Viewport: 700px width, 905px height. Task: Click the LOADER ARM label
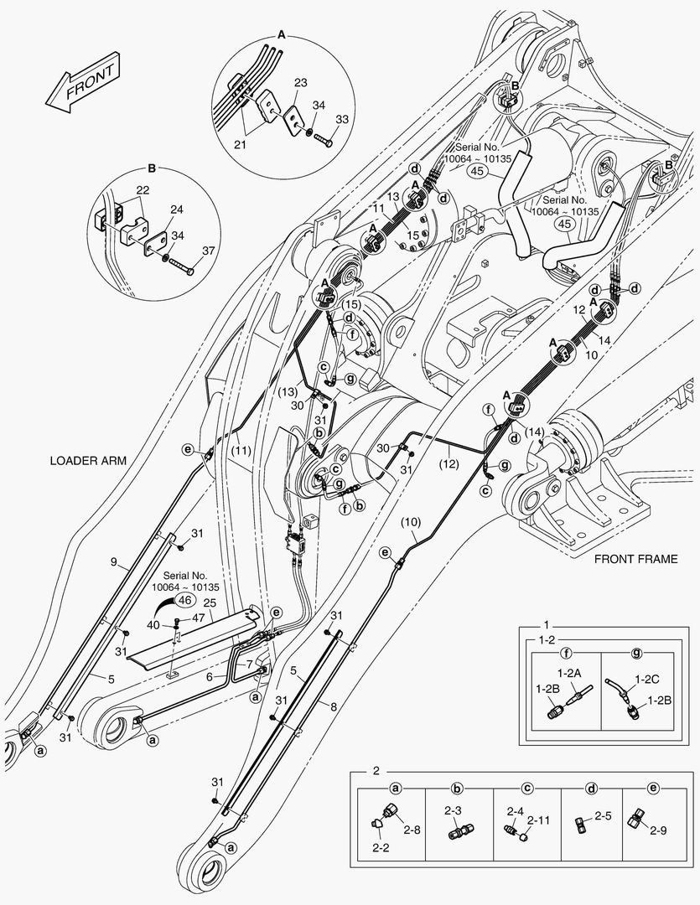(88, 461)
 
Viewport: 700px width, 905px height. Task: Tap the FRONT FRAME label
(636, 559)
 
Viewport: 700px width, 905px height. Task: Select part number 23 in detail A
(300, 83)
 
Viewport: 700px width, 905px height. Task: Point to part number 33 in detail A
(342, 120)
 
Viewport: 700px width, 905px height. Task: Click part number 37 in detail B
(208, 251)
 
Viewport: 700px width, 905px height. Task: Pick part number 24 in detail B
(177, 209)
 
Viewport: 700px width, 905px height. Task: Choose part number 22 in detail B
(143, 190)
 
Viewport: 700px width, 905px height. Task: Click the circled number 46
(184, 600)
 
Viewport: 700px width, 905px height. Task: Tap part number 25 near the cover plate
(210, 603)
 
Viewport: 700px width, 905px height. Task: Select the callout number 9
(114, 561)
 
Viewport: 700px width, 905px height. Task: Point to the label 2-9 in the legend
(658, 831)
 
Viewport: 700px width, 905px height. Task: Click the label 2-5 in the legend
(603, 816)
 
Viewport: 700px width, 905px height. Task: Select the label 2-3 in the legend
(454, 811)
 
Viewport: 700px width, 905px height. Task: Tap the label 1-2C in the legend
(647, 680)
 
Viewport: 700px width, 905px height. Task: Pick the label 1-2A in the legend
(569, 672)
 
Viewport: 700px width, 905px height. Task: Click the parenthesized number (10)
(411, 522)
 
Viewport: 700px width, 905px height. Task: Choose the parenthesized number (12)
(449, 463)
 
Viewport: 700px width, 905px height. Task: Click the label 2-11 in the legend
(538, 820)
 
